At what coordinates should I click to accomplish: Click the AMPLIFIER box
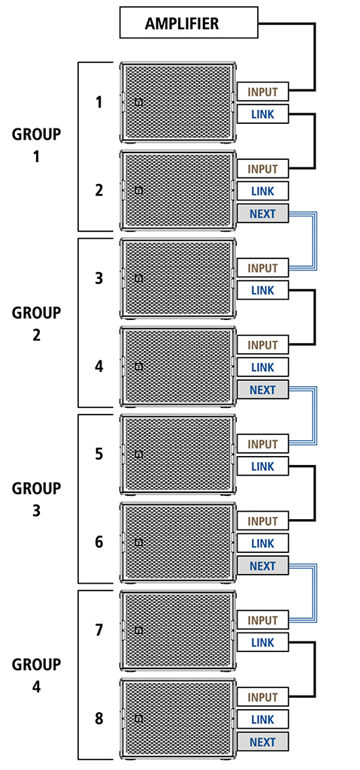click(189, 22)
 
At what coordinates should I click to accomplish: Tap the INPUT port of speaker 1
click(263, 92)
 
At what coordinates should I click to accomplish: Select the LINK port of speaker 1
click(263, 114)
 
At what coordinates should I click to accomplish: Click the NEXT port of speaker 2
click(263, 213)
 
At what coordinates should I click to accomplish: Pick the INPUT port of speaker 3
click(263, 268)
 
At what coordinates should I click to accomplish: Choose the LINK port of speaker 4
click(263, 367)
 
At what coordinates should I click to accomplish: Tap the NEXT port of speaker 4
click(263, 390)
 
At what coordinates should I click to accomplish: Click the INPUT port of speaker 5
click(263, 445)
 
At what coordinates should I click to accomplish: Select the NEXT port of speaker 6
click(263, 566)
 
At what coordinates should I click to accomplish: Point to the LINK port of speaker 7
click(263, 642)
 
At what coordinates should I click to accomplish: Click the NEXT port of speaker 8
click(263, 741)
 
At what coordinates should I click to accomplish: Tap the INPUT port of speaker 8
click(263, 697)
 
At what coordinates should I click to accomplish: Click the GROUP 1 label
click(36, 146)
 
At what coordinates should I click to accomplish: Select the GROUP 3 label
click(36, 500)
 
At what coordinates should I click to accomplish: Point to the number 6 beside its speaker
click(99, 542)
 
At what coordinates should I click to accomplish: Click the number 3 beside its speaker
click(99, 278)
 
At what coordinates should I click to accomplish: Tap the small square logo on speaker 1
click(138, 102)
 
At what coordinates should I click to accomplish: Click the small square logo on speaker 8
click(138, 718)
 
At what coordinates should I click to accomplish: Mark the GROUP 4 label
click(36, 675)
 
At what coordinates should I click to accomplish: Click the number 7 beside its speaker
click(99, 630)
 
